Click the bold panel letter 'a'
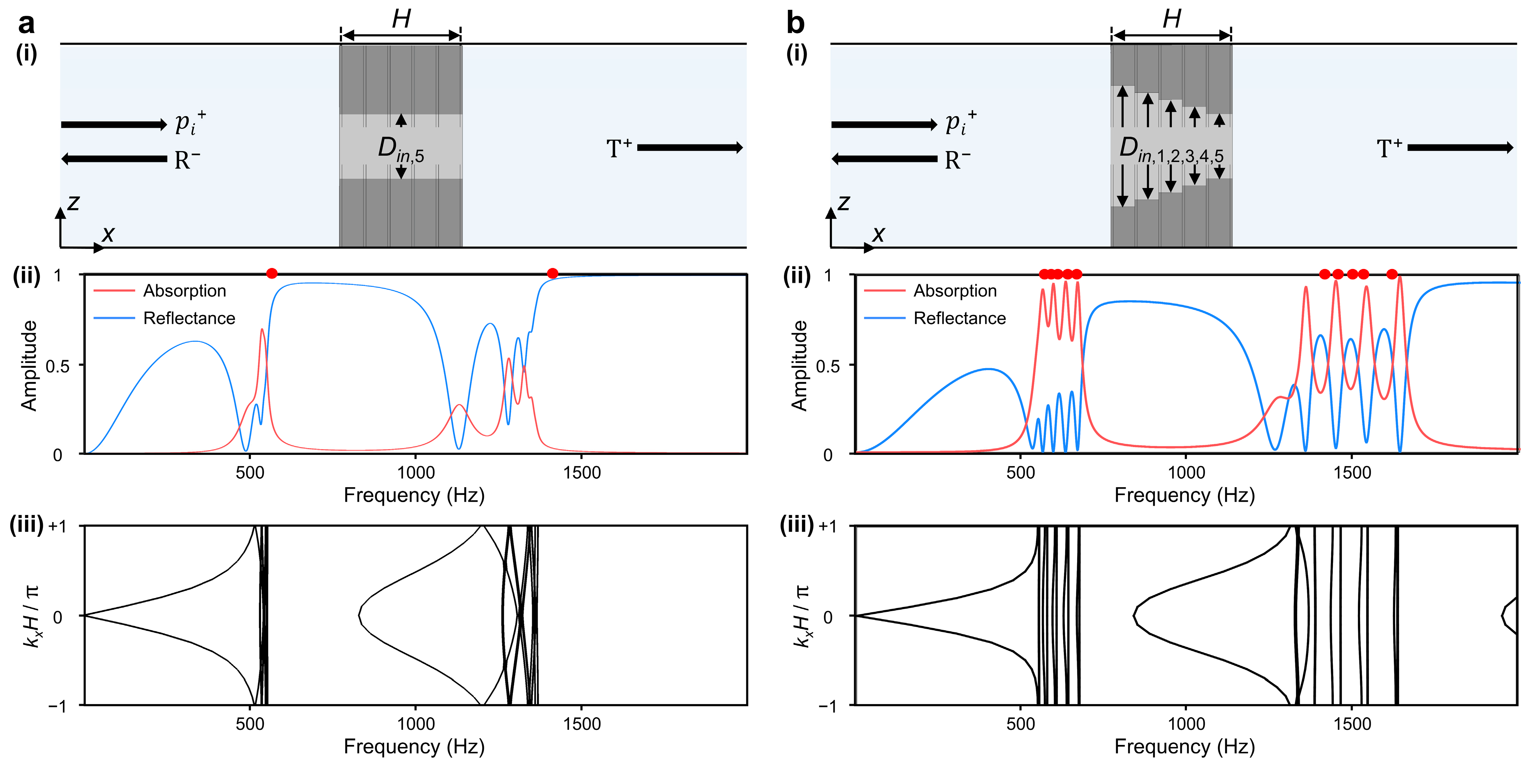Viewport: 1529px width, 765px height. pos(26,24)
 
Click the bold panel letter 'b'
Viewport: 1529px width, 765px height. pos(795,24)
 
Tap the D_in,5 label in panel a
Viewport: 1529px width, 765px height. pos(401,149)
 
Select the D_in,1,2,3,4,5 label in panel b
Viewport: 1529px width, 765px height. pos(1170,149)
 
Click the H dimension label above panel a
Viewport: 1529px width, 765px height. pos(401,19)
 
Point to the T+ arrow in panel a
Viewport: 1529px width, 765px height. pos(690,147)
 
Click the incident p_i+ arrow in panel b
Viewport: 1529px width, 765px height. pos(884,125)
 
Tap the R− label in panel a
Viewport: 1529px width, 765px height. pos(187,161)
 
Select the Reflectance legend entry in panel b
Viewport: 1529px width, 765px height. pos(959,318)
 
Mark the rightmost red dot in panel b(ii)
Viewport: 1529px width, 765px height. pos(1392,274)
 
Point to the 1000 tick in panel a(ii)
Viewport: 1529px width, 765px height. pos(416,473)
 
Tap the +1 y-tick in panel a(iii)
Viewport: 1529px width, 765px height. pos(58,527)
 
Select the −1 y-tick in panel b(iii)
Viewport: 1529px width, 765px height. pos(827,706)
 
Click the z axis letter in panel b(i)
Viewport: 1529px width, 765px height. pos(844,203)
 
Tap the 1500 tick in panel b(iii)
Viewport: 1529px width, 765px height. pos(1352,724)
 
